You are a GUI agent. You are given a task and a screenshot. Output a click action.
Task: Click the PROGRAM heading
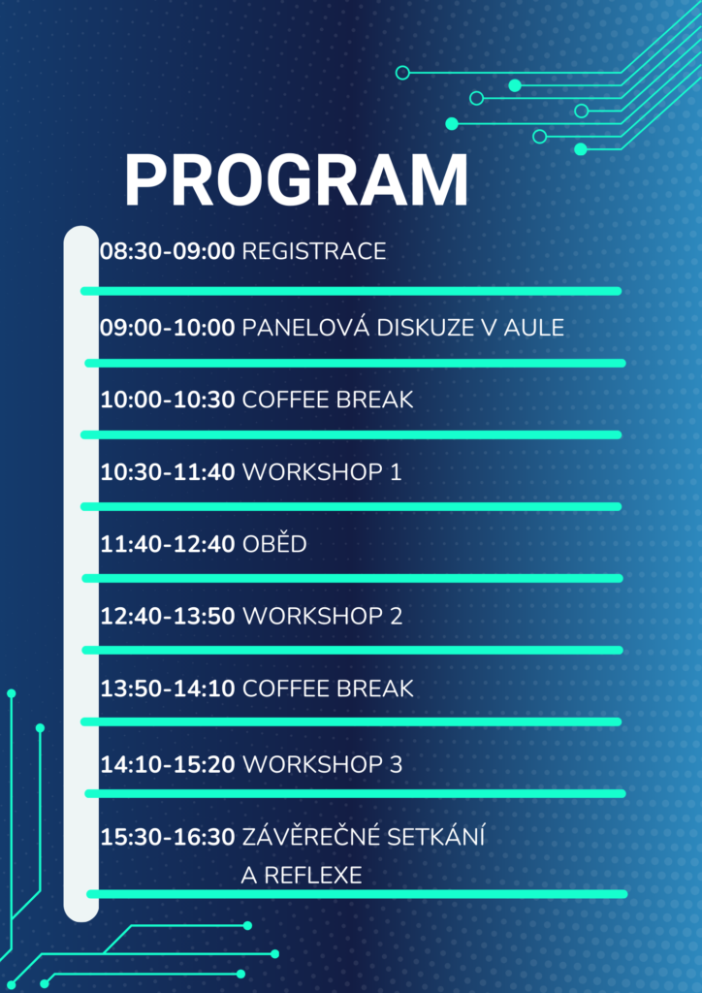pyautogui.click(x=297, y=180)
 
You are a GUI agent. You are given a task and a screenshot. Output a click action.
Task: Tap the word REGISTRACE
pyautogui.click(x=314, y=251)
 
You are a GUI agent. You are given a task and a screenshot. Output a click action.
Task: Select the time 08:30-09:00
pyautogui.click(x=167, y=251)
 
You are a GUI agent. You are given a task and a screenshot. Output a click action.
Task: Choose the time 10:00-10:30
pyautogui.click(x=168, y=400)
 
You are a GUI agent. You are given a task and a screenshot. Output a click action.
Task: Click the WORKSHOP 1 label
pyautogui.click(x=322, y=472)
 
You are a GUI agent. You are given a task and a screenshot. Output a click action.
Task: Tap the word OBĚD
pyautogui.click(x=274, y=543)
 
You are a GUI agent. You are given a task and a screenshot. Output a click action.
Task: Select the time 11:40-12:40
pyautogui.click(x=168, y=544)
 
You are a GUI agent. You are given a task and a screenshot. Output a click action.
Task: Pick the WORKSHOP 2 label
pyautogui.click(x=323, y=616)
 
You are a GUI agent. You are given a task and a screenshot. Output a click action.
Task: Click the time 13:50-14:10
pyautogui.click(x=168, y=689)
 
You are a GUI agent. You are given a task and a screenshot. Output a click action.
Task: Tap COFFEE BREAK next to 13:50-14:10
pyautogui.click(x=328, y=689)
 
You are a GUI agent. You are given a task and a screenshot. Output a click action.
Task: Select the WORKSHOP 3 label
pyautogui.click(x=323, y=765)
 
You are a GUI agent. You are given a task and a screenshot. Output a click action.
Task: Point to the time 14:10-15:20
pyautogui.click(x=168, y=765)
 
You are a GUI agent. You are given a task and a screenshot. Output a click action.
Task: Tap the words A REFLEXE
pyautogui.click(x=302, y=876)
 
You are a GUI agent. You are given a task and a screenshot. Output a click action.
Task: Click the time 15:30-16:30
pyautogui.click(x=168, y=837)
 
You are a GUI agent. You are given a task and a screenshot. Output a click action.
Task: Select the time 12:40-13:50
pyautogui.click(x=168, y=616)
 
